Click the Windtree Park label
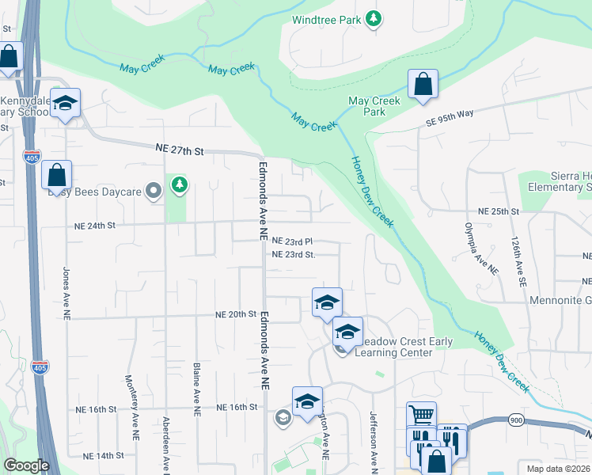[326, 19]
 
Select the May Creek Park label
[374, 106]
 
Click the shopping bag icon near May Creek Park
[423, 85]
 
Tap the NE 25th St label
[499, 212]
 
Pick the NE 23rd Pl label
[293, 241]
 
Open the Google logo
[25, 465]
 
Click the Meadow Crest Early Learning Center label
[403, 347]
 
